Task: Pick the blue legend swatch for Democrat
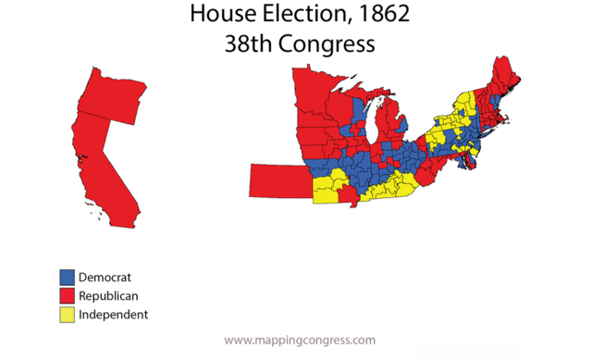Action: [67, 277]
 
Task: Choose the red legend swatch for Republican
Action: [67, 295]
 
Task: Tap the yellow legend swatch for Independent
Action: [67, 314]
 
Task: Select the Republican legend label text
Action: [109, 295]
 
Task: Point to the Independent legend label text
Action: [113, 314]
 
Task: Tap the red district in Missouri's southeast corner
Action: [349, 196]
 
